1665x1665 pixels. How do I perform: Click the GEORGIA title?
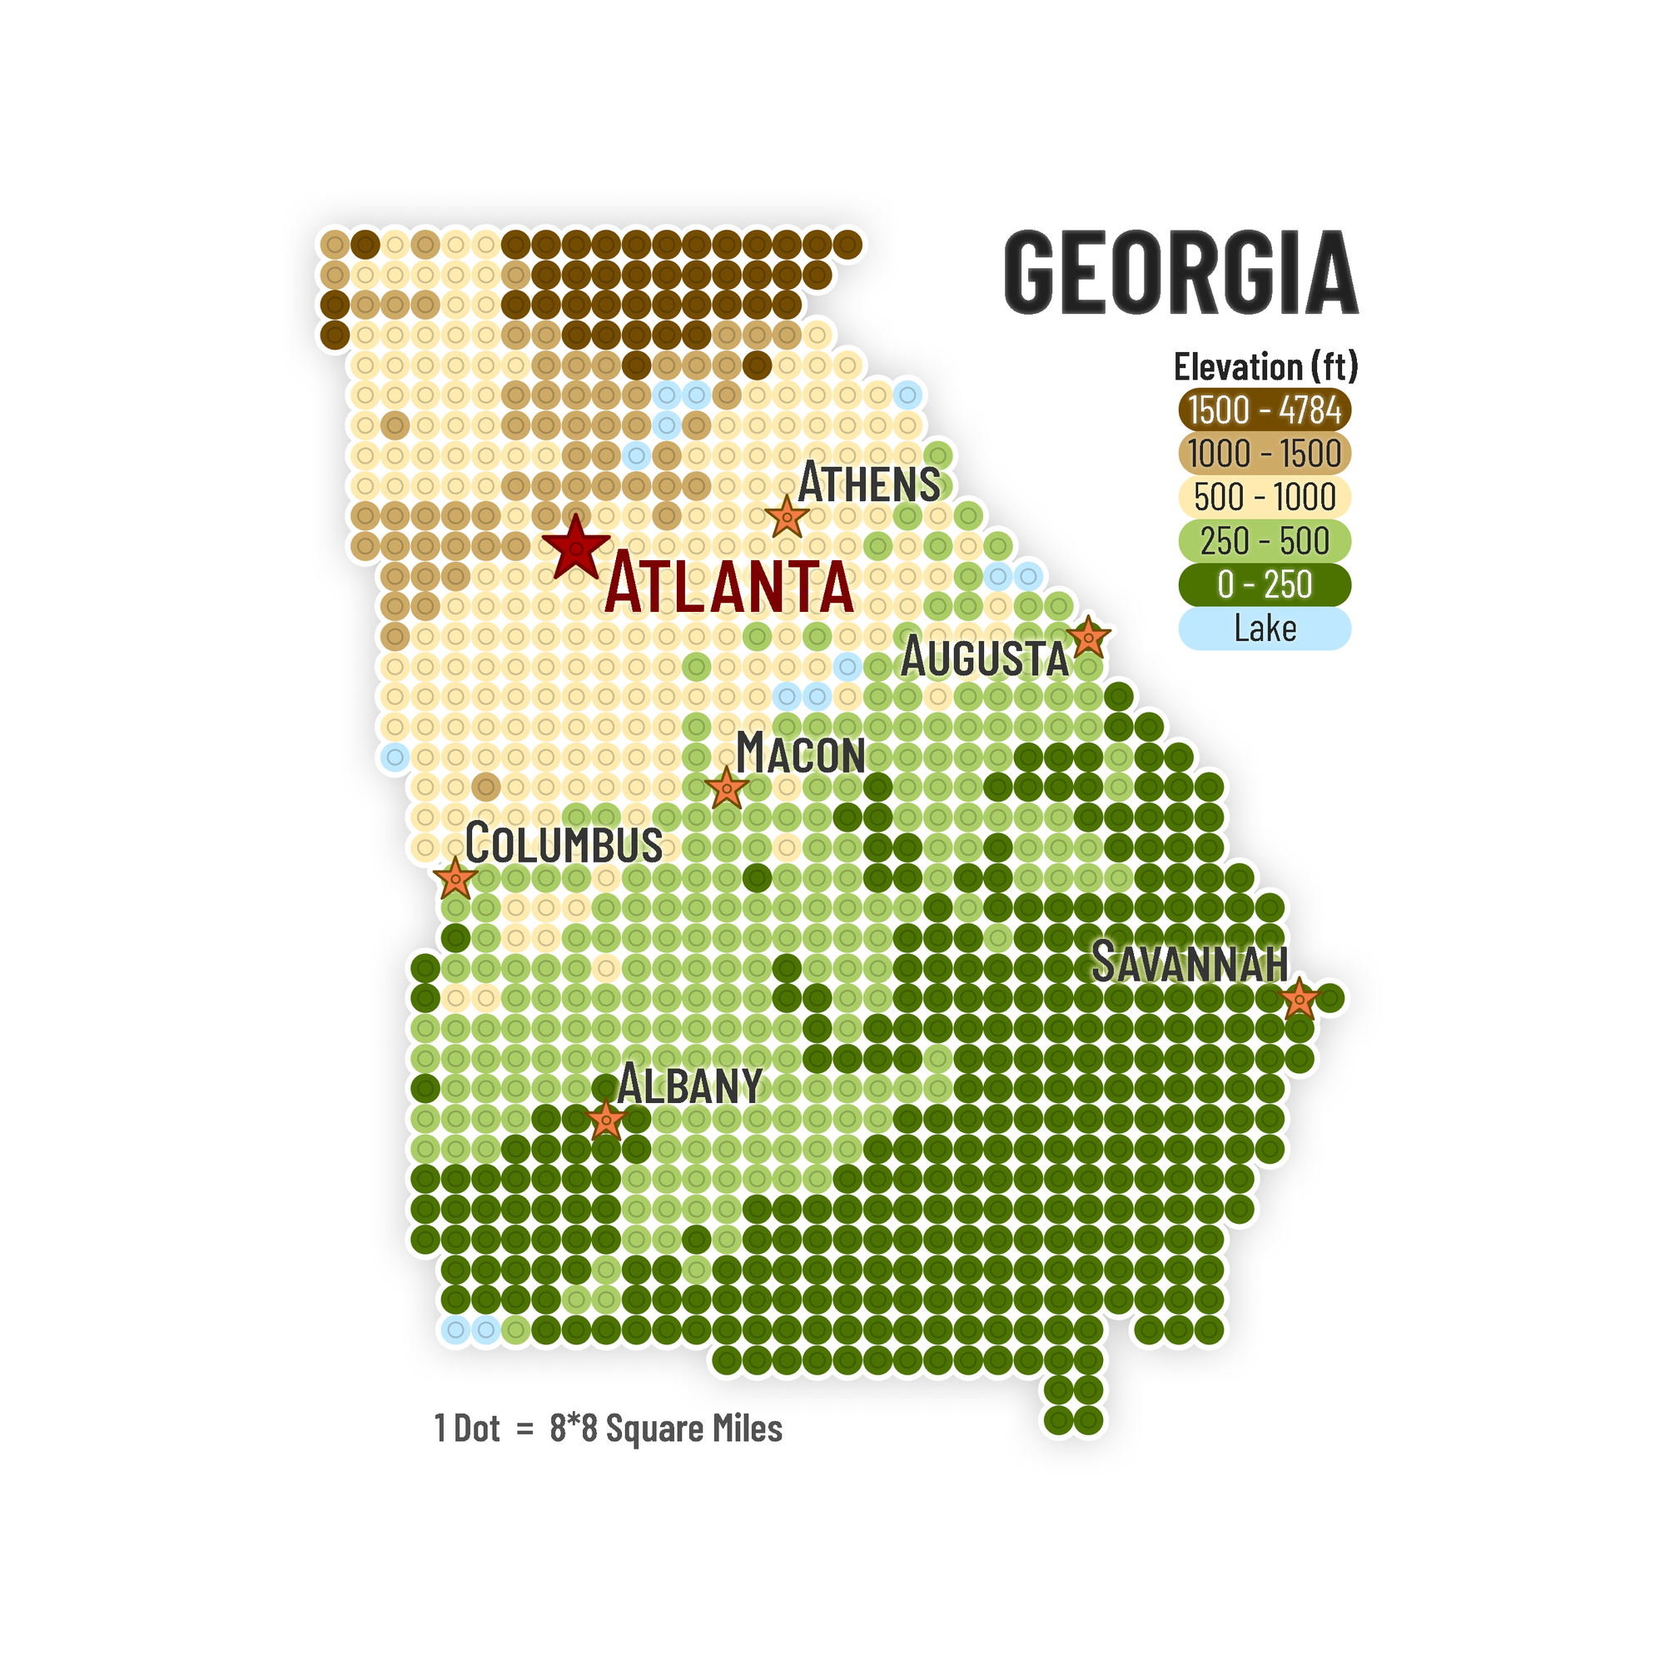coord(1180,272)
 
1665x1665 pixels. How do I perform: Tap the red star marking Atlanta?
coord(576,548)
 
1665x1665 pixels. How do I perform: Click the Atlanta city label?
coord(729,587)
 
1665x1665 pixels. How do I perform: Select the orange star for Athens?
coord(787,517)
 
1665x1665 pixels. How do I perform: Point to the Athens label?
coord(868,483)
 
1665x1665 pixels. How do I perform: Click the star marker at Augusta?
coord(1087,638)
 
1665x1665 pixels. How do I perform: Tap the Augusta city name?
coord(984,659)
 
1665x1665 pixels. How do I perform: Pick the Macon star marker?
coord(727,788)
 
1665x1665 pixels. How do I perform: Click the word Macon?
coord(800,754)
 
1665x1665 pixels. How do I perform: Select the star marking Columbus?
coord(455,879)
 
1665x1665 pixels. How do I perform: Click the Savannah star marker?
coord(1299,1000)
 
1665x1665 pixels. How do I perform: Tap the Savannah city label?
coord(1190,962)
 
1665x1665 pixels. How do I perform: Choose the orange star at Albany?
coord(606,1121)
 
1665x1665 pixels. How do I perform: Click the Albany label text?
coord(689,1084)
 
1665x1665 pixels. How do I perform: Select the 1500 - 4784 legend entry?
coord(1265,410)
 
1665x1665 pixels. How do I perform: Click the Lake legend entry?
coord(1265,629)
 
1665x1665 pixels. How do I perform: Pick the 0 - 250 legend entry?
coord(1265,584)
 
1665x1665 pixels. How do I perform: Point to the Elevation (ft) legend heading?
coord(1265,366)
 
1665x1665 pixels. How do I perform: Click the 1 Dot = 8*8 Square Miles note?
coord(609,1428)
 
